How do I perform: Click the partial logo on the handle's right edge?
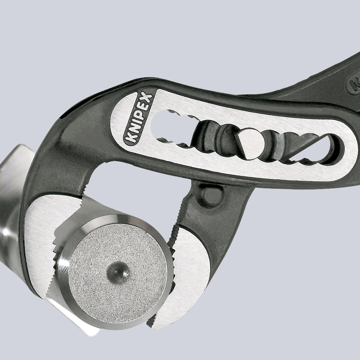coord(353,85)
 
